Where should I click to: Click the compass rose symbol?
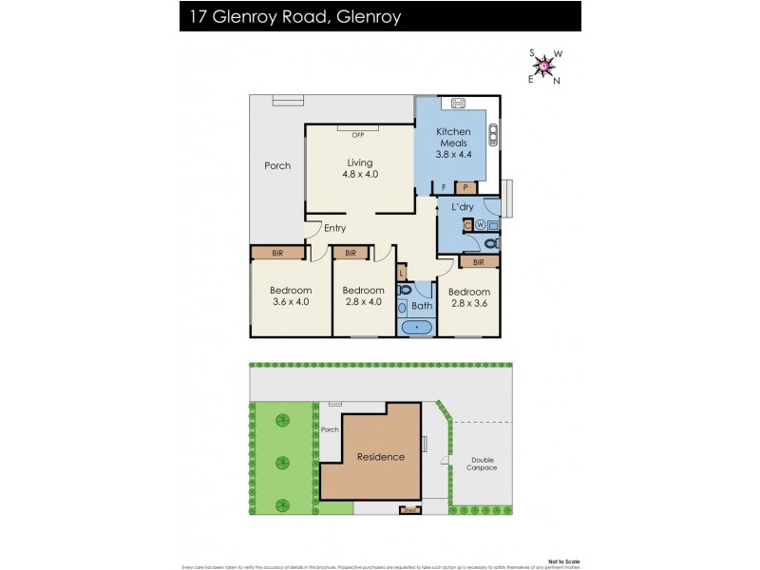[x=544, y=66]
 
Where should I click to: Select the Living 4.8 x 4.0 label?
[x=360, y=168]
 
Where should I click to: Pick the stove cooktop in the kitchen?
[x=457, y=104]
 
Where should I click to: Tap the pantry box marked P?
[x=465, y=187]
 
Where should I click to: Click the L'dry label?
[x=463, y=206]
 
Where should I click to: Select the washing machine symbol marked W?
[x=480, y=225]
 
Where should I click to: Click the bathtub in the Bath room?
[x=416, y=328]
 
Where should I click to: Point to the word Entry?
[x=334, y=228]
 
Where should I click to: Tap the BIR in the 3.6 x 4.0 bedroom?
[x=277, y=253]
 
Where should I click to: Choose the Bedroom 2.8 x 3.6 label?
[x=469, y=297]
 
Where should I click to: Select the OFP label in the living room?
[x=358, y=135]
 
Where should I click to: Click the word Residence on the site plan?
[x=380, y=457]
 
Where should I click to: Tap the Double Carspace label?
[x=483, y=464]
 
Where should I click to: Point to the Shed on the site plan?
[x=410, y=509]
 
